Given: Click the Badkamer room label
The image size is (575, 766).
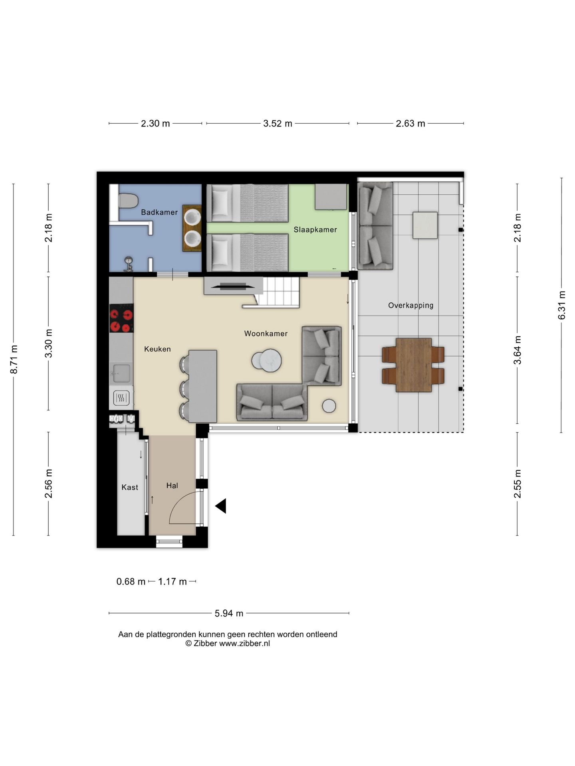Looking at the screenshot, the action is click(x=159, y=212).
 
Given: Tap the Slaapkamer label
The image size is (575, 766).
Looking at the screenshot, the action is click(x=315, y=230).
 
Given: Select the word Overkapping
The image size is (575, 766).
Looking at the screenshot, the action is click(x=410, y=306).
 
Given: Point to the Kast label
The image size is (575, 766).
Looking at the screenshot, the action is click(x=130, y=487).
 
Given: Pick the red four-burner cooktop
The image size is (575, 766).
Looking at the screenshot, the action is click(x=121, y=318).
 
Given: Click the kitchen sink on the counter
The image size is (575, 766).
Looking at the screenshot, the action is click(x=120, y=374).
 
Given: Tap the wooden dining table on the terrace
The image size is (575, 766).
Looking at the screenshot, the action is click(x=414, y=365).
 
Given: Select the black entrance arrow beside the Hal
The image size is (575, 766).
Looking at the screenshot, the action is click(x=221, y=506).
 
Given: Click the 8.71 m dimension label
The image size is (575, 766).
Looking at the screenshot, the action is click(x=14, y=359).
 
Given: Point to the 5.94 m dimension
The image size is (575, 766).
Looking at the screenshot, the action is click(x=229, y=613).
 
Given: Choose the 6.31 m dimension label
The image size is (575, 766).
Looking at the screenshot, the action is click(x=562, y=305).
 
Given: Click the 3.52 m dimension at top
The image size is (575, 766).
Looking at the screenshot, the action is click(x=278, y=124).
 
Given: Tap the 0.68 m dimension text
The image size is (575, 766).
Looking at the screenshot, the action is click(x=131, y=582).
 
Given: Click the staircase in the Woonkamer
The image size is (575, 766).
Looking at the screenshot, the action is click(x=277, y=292).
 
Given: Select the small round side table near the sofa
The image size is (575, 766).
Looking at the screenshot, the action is click(x=329, y=406).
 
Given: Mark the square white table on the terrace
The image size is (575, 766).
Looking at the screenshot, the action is click(x=425, y=225).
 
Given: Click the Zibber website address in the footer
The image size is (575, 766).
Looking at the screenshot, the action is click(x=244, y=644).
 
